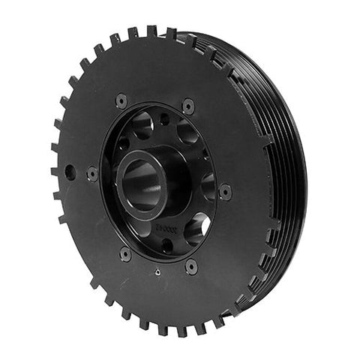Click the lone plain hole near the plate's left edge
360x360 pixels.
70,172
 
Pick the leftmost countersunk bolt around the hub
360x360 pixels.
92,173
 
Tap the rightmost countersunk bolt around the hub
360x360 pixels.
225,192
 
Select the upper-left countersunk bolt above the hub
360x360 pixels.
121,100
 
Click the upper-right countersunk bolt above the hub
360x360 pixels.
187,106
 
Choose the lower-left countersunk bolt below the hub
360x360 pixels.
125,253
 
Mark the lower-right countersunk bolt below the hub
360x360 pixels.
191,265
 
